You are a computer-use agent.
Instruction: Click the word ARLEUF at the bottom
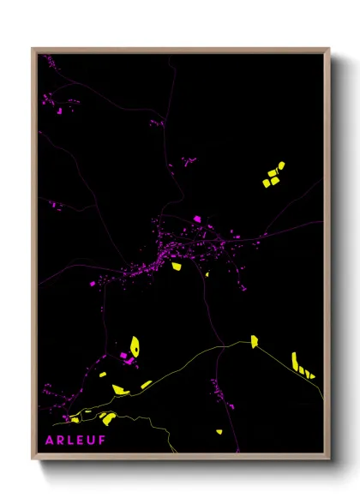pos(75,440)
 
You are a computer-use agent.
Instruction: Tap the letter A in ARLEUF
pos(50,440)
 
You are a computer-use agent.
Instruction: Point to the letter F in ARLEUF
pos(102,440)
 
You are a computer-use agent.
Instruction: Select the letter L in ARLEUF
pos(70,440)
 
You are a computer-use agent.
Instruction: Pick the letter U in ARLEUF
pos(91,440)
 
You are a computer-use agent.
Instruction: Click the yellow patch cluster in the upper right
pos(273,175)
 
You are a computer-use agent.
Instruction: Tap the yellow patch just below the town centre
pos(176,267)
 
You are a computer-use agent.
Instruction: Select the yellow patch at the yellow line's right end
pos(254,342)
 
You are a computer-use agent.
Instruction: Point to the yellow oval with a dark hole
pos(135,347)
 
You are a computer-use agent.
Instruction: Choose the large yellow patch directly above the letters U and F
pos(107,419)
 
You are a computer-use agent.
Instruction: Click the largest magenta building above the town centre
pos(196,219)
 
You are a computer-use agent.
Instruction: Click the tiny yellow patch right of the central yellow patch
pos(207,274)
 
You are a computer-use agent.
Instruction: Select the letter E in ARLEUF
pos(81,440)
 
